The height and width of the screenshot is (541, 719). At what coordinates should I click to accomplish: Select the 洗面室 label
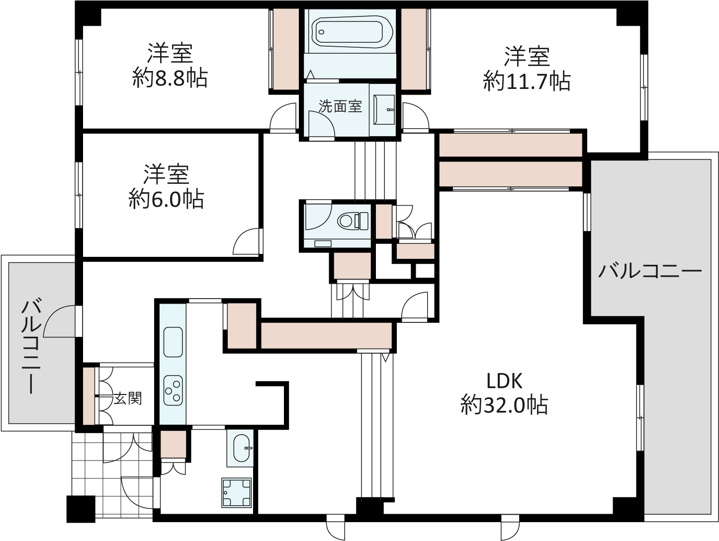[x=340, y=106]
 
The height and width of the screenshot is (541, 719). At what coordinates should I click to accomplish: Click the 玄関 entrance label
[x=128, y=398]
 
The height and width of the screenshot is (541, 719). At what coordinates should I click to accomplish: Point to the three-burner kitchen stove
[x=173, y=390]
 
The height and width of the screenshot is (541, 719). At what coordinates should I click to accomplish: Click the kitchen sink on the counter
[x=173, y=342]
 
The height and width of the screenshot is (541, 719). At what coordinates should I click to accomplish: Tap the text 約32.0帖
[x=504, y=405]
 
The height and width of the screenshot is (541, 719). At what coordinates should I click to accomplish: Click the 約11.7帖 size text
[x=527, y=81]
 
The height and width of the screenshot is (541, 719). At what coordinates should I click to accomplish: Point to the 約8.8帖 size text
[x=170, y=78]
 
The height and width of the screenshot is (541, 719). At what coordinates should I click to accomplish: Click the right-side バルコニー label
[x=649, y=271]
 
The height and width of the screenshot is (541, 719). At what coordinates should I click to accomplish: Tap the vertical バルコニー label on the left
[x=31, y=346]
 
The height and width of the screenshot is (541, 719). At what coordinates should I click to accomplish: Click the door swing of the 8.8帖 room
[x=282, y=116]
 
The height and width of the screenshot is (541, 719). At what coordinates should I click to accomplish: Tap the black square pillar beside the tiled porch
[x=81, y=509]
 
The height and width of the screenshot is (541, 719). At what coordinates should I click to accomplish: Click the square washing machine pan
[x=237, y=492]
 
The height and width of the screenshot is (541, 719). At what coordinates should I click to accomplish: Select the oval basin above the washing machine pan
[x=243, y=449]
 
